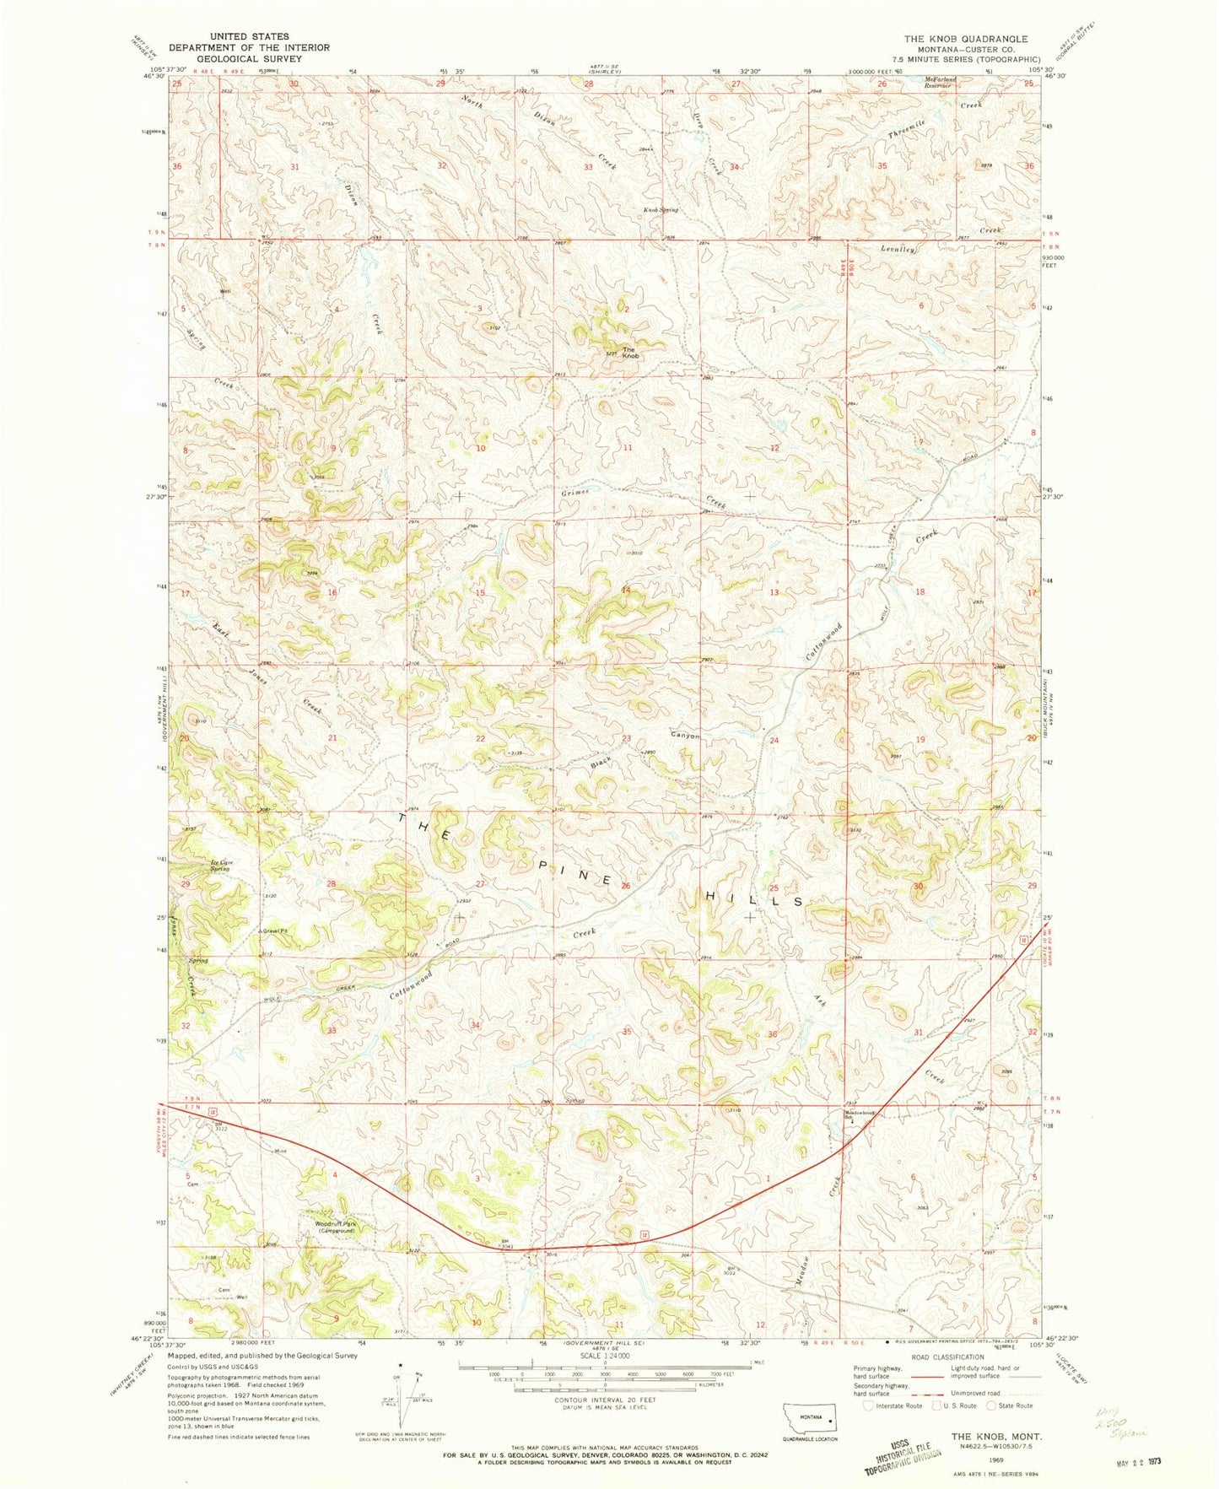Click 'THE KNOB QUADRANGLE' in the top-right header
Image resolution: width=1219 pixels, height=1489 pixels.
(x=965, y=39)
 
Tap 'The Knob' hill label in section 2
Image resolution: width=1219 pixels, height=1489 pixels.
(x=630, y=353)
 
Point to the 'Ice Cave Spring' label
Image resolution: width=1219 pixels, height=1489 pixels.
(x=220, y=866)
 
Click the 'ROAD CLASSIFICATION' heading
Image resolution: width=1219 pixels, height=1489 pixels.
(x=947, y=1357)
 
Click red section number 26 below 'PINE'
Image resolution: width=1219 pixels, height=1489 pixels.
(x=625, y=886)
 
